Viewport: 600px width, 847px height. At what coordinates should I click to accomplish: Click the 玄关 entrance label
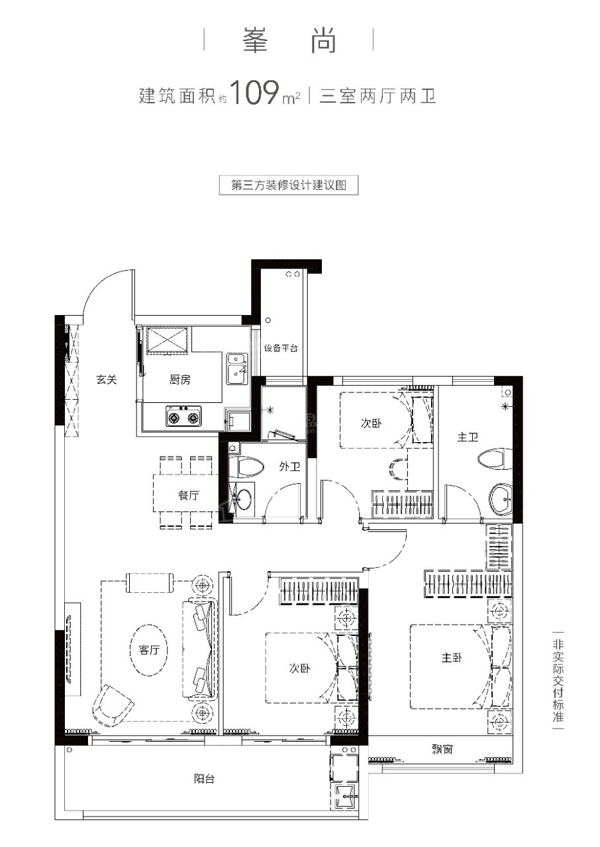tap(107, 379)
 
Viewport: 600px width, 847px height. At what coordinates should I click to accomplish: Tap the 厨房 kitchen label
tap(179, 379)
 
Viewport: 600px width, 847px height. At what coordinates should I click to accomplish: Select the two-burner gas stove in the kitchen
tap(183, 416)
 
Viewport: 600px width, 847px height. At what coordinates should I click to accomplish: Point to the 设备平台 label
tap(281, 348)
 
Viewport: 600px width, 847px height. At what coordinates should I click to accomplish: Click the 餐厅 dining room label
tap(188, 495)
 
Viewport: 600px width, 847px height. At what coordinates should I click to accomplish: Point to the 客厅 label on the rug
tap(149, 650)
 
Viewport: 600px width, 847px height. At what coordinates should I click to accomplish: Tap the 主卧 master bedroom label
tap(452, 658)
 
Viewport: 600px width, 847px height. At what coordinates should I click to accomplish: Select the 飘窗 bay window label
tap(442, 749)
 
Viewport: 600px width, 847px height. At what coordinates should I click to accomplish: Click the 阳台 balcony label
tap(204, 779)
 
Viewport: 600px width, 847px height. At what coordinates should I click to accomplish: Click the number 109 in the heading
tap(254, 92)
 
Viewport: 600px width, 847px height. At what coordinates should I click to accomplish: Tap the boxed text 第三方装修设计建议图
tap(289, 185)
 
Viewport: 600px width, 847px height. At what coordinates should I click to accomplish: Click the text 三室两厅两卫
tap(377, 96)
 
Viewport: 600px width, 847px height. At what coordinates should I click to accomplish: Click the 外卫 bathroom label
tap(289, 467)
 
